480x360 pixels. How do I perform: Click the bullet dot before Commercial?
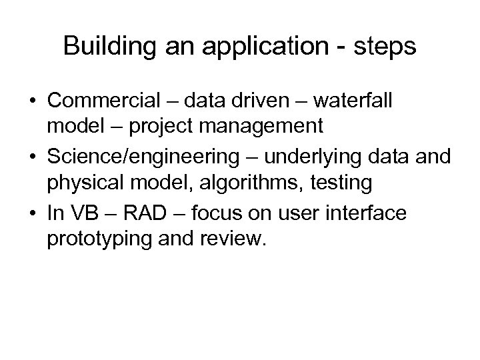point(31,101)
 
